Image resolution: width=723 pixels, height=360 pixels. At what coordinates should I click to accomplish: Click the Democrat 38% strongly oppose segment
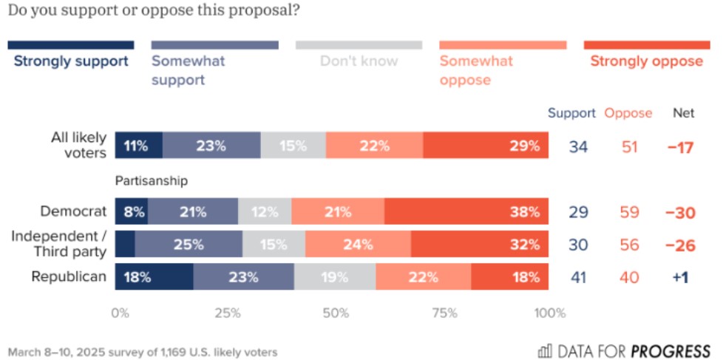(x=466, y=212)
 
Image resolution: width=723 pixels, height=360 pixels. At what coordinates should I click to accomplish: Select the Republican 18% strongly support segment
(x=155, y=277)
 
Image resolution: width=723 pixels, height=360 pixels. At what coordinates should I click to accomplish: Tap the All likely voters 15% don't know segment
(x=293, y=146)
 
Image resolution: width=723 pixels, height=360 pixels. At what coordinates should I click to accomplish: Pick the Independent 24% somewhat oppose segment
(x=359, y=244)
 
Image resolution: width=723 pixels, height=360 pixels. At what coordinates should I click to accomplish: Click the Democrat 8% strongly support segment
(x=132, y=212)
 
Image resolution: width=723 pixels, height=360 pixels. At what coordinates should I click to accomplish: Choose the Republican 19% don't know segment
(x=335, y=277)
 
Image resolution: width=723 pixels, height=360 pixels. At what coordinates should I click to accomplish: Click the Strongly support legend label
(x=71, y=61)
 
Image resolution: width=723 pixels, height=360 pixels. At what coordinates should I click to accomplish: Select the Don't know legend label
(x=359, y=61)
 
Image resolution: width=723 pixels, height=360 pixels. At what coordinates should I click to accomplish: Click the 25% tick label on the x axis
(x=228, y=313)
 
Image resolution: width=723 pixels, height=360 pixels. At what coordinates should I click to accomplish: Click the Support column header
(x=571, y=113)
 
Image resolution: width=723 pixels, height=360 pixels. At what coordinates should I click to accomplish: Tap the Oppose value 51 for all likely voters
(x=630, y=146)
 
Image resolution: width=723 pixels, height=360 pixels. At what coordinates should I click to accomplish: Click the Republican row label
(x=69, y=277)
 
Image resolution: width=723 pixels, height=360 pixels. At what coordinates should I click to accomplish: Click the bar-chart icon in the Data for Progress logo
(x=545, y=350)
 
